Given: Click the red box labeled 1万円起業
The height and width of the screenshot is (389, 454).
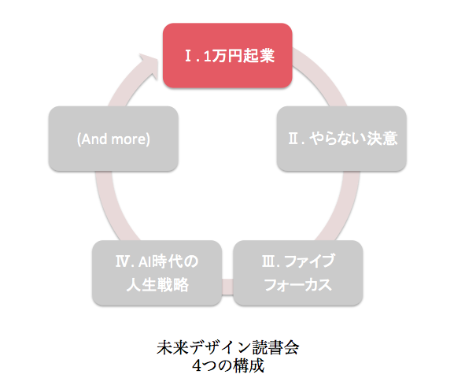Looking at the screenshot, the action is (227, 55).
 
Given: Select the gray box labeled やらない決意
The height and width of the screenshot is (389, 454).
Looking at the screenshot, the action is (341, 139).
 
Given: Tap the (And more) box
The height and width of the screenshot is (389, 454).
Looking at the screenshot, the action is (113, 139).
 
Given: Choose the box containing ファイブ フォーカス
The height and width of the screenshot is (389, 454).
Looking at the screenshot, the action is (298, 272).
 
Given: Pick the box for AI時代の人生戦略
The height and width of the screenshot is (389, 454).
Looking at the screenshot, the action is (157, 272).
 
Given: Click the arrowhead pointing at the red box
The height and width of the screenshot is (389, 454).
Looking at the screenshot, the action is (149, 65).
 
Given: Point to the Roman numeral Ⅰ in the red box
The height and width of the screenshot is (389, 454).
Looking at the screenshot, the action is (188, 56).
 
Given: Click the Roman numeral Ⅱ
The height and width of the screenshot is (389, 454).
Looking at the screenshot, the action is (293, 139).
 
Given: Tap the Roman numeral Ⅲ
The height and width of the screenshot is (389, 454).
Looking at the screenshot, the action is (268, 261).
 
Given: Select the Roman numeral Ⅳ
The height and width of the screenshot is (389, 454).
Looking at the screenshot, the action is (123, 261).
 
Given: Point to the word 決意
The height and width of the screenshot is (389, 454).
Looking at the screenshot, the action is (382, 139).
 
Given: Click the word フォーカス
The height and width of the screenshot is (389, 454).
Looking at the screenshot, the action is (298, 284).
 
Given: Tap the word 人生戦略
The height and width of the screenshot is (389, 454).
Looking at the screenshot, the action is (157, 284).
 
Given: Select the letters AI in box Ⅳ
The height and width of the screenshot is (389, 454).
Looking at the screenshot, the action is (145, 261).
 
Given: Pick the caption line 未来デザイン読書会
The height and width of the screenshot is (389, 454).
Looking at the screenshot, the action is (228, 347).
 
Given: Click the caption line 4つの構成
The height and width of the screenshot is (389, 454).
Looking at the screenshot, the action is (228, 365).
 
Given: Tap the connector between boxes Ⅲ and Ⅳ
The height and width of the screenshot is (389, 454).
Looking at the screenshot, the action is (227, 287).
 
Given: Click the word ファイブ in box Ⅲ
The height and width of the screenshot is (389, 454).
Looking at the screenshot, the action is (309, 261).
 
